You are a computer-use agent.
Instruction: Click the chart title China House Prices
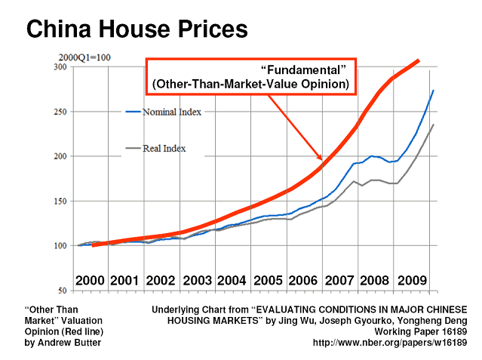point(137,29)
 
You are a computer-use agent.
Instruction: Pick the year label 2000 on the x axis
point(91,281)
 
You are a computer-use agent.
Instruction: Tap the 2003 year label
point(198,281)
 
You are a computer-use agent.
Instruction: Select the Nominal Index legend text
point(172,112)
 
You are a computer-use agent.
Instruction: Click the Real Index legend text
point(164,149)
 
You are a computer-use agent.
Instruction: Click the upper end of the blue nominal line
point(433,91)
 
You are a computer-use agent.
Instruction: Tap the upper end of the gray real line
point(433,125)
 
